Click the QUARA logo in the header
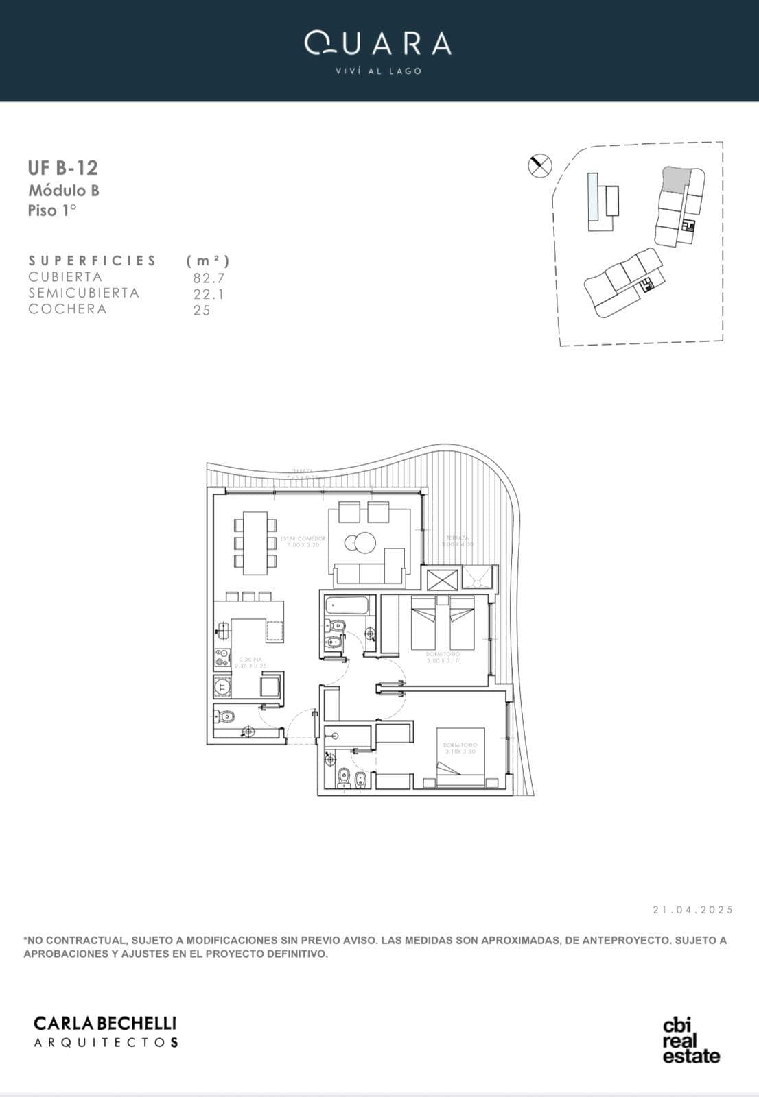[378, 45]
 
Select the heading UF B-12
[62, 168]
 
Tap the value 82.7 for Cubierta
[209, 278]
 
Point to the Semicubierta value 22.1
[209, 294]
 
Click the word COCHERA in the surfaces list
[67, 309]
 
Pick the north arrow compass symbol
[540, 165]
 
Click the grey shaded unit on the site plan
[675, 180]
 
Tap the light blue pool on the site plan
[592, 196]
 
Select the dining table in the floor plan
[255, 542]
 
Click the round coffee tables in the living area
[360, 542]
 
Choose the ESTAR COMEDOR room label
[303, 541]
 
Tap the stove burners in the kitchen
[222, 658]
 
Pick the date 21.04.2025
[693, 910]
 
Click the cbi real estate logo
[690, 1041]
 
